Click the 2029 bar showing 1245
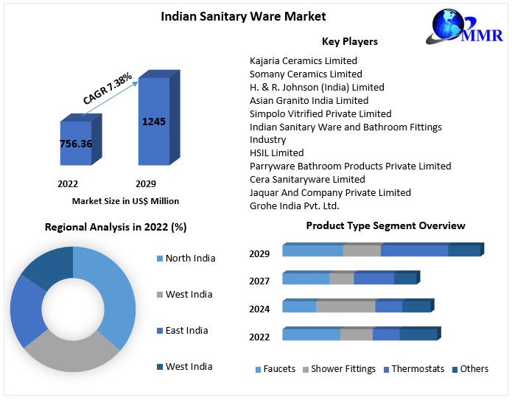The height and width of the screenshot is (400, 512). pos(154,122)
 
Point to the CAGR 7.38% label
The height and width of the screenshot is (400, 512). pos(108,88)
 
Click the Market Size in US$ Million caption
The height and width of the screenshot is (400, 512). pos(125,200)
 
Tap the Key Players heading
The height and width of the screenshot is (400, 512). pos(349,41)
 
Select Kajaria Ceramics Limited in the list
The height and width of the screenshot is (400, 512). pos(304,60)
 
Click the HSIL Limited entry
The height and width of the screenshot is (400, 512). pos(276,152)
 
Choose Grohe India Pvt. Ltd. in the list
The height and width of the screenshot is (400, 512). pos(294,206)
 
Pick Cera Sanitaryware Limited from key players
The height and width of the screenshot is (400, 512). pos(307,179)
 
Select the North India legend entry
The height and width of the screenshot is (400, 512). pos(190,258)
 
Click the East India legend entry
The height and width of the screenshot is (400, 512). pos(186,330)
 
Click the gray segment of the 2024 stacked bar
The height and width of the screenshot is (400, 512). pos(345,306)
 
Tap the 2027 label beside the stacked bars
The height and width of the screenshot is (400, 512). pos(259,281)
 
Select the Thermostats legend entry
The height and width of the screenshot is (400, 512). pos(418,368)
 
